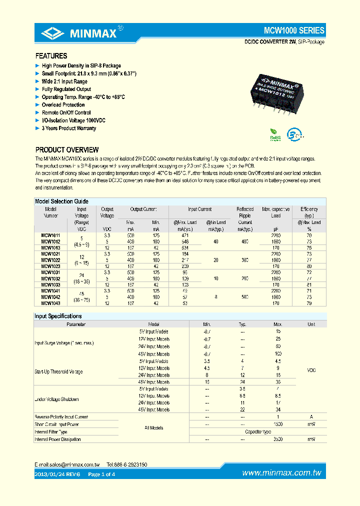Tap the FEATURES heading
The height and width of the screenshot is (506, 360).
(x=51, y=56)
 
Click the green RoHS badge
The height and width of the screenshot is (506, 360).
(x=275, y=133)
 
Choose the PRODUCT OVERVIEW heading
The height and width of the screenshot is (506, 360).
(x=66, y=149)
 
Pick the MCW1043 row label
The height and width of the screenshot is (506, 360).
(x=50, y=302)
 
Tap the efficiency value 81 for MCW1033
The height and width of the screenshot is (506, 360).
(x=308, y=284)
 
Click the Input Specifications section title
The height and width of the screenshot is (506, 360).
(x=58, y=316)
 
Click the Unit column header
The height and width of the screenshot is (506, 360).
(x=311, y=324)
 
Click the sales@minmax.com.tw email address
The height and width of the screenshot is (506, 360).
(x=73, y=464)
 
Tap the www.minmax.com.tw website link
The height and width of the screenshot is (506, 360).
(x=281, y=473)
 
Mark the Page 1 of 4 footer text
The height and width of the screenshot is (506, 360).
(x=101, y=474)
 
